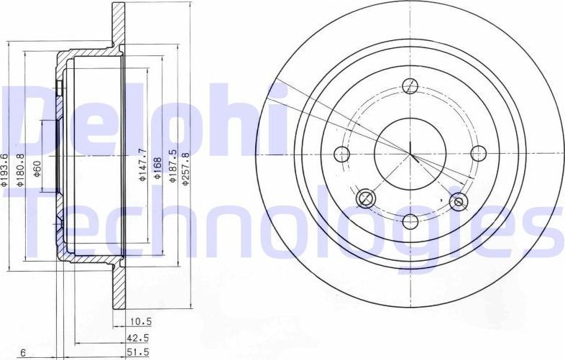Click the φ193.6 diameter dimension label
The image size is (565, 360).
coord(6,170)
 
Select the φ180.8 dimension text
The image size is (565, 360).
coord(22,170)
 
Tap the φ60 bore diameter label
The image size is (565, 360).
coord(37,170)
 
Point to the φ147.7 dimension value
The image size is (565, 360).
coord(142,165)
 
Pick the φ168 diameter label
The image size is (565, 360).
coord(157,167)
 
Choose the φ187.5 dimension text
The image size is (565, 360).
coord(173,166)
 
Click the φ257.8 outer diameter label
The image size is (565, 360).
coord(185,168)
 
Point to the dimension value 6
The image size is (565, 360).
coord(24,351)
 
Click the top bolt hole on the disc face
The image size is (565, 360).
coord(410,86)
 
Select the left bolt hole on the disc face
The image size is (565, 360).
coord(342,154)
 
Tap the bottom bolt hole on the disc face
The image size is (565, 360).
coord(410,221)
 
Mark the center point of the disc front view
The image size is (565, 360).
coord(410,153)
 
